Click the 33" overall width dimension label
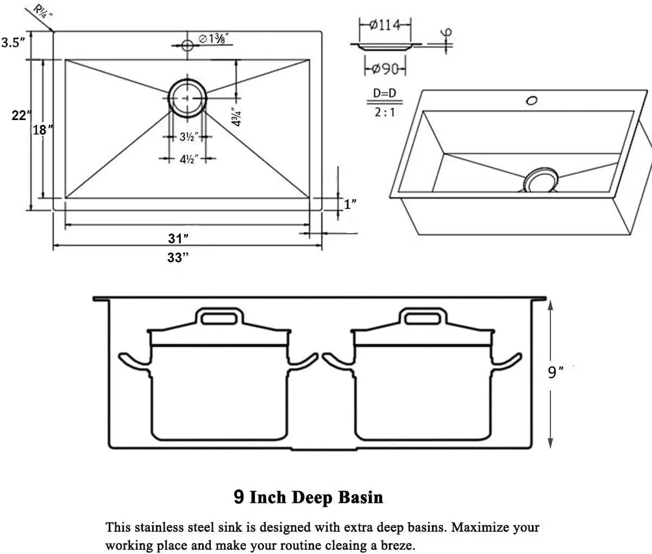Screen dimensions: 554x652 coord(178,257)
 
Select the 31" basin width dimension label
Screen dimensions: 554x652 coord(178,238)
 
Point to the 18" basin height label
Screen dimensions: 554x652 coord(43,130)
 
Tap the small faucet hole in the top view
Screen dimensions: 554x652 coord(187,45)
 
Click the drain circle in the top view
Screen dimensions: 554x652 coord(187,98)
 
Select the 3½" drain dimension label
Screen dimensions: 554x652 coord(188,137)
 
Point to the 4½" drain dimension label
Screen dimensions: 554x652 coord(188,159)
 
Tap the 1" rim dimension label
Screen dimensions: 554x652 coord(350,204)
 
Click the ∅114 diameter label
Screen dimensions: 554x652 coord(385,25)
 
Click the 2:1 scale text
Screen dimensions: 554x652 coord(384,113)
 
